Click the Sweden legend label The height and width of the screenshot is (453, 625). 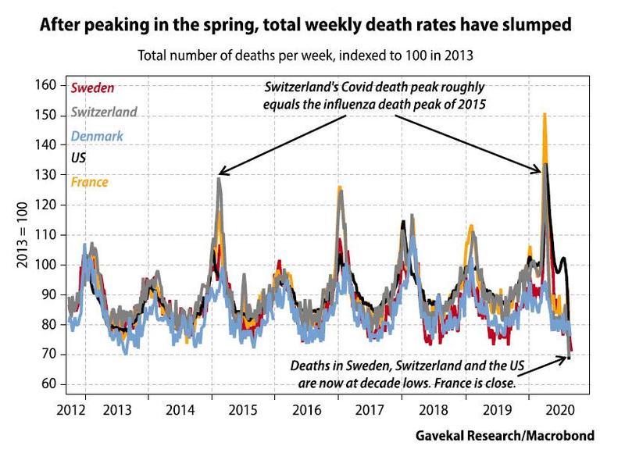coord(91,87)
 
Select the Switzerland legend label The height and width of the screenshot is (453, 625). coord(104,111)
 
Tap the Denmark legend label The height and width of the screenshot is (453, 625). coord(97,135)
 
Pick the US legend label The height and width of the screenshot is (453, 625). coord(78,158)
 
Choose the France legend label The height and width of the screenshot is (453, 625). coord(89,182)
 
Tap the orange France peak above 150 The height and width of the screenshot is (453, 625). coord(545,115)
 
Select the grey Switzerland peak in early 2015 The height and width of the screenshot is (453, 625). coord(220,181)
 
